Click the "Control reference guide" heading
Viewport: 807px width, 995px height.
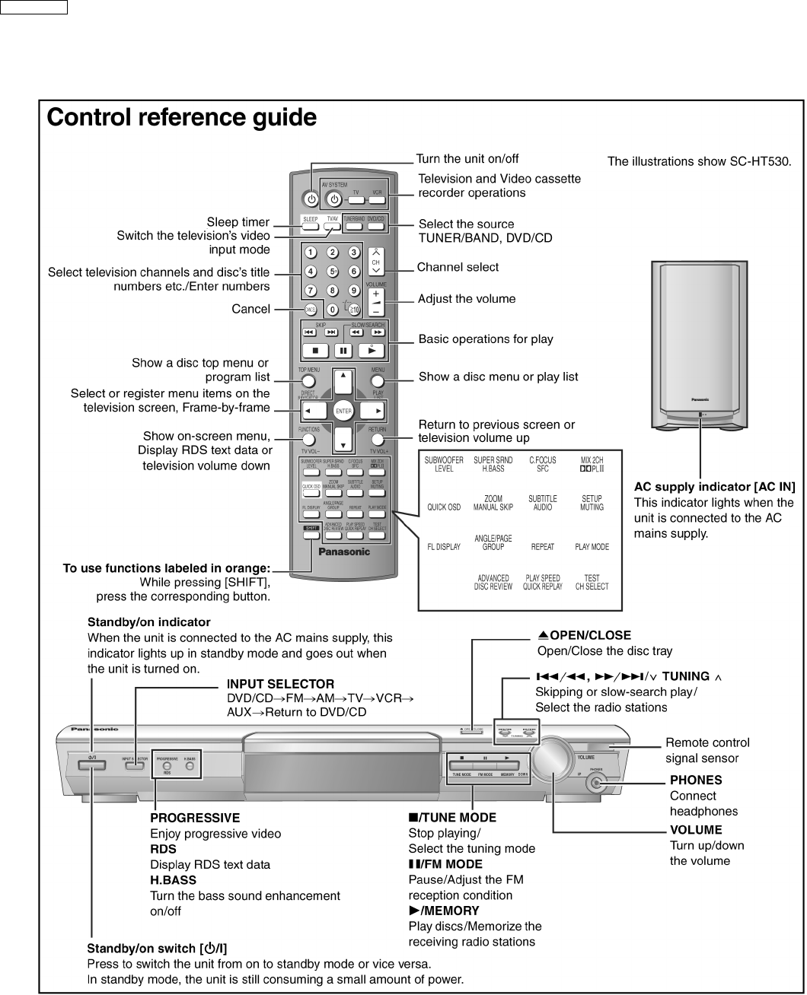tap(181, 118)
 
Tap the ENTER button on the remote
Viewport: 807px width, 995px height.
tap(343, 411)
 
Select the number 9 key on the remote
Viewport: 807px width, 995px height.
tap(354, 290)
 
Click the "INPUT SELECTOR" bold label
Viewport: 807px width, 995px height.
tap(280, 685)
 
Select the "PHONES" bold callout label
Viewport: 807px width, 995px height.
tap(696, 780)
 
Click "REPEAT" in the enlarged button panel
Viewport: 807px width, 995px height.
tap(543, 547)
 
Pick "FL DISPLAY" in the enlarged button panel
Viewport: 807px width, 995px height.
tap(443, 547)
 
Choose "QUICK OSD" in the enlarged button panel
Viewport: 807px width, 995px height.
tap(443, 507)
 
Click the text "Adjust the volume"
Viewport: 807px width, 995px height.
tap(467, 299)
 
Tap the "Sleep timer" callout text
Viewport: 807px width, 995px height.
tap(238, 222)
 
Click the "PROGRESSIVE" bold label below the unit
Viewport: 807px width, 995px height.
tap(195, 819)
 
